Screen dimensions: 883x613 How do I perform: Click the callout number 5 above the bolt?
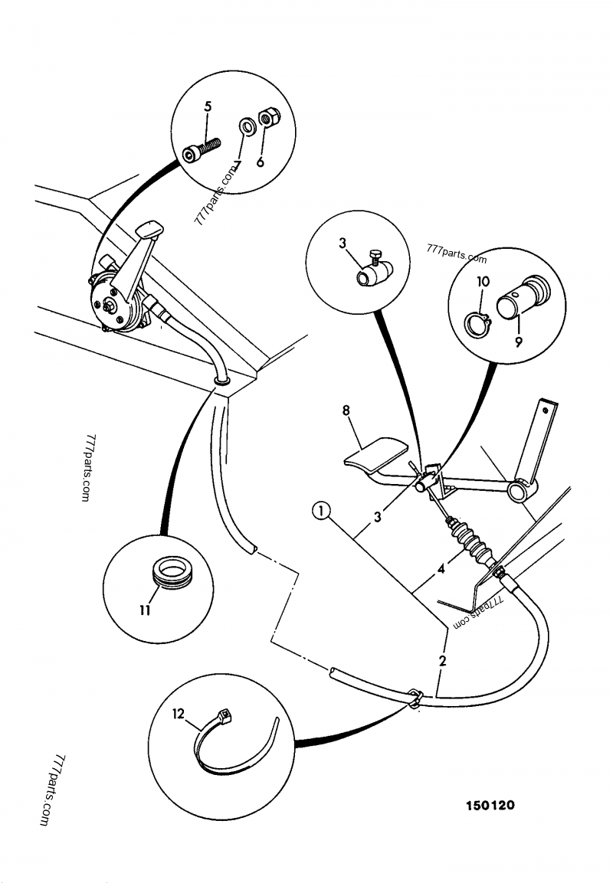point(207,107)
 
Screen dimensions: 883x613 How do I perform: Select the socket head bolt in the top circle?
point(202,149)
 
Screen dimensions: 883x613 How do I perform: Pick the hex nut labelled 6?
point(268,118)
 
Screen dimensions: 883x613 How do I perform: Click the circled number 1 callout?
point(320,509)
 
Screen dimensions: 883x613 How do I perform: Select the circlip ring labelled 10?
point(477,324)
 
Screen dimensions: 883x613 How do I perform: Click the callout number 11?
point(143,610)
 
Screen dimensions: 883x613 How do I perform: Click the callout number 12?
point(179,714)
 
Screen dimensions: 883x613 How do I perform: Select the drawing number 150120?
point(490,806)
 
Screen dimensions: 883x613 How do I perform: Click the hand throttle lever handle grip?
point(149,229)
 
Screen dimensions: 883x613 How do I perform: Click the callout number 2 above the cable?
point(442,659)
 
